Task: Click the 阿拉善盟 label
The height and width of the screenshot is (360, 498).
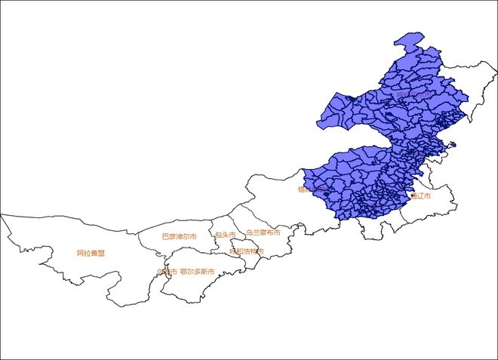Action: [91, 254]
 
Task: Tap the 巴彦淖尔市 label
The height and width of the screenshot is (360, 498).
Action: [180, 236]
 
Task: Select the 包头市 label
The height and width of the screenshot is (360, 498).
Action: [225, 235]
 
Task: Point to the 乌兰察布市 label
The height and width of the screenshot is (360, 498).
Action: [263, 233]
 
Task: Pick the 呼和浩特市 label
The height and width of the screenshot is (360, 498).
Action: [247, 251]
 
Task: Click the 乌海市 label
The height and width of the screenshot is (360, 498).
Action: [167, 272]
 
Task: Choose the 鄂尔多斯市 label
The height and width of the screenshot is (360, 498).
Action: [198, 272]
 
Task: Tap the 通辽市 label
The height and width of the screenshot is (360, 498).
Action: [422, 195]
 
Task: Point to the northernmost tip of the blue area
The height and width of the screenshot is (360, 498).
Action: [411, 34]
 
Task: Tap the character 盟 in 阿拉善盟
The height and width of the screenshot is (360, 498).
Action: [101, 254]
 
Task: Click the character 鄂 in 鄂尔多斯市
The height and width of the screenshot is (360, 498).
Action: [183, 272]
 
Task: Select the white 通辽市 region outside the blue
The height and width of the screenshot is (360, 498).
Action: [434, 208]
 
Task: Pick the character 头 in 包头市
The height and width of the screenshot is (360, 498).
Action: [225, 235]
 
